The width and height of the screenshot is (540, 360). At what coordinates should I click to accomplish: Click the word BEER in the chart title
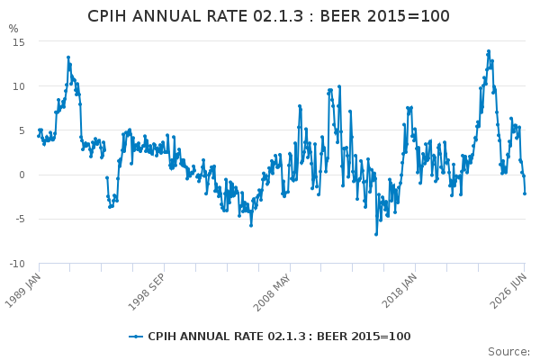(340, 16)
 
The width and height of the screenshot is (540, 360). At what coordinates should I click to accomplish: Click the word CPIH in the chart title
(107, 16)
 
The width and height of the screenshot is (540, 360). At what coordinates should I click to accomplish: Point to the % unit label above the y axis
(13, 29)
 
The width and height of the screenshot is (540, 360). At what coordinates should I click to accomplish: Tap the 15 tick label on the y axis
(19, 42)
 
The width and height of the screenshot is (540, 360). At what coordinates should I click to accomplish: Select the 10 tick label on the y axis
(19, 86)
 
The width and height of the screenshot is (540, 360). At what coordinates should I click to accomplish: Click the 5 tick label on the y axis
(22, 130)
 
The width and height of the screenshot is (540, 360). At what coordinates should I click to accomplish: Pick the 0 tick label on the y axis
(22, 175)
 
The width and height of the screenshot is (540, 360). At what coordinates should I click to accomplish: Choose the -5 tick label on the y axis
(20, 219)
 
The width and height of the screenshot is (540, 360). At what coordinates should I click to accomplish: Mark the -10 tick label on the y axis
(17, 264)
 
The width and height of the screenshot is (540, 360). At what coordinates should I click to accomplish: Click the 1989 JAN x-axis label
(23, 291)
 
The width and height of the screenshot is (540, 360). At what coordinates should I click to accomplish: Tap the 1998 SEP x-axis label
(147, 292)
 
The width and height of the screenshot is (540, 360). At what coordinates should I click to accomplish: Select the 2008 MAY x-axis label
(273, 292)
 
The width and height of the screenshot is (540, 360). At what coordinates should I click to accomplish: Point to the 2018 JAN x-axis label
(400, 291)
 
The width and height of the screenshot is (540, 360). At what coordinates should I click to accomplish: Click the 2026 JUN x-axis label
(508, 291)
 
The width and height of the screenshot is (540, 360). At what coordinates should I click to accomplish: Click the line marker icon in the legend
(136, 337)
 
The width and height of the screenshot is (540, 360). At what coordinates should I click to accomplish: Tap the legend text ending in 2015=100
(279, 337)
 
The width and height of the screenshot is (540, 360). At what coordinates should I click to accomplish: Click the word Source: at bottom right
(509, 352)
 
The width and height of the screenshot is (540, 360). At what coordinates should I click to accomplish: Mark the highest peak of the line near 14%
(489, 51)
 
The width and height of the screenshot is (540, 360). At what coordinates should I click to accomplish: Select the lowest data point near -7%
(376, 234)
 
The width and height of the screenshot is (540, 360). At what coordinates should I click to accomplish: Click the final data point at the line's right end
(525, 193)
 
